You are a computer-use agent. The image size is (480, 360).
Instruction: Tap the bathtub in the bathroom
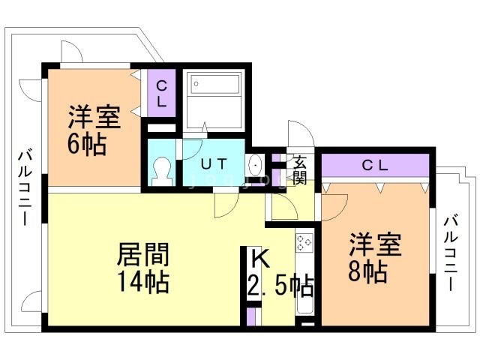click(x=215, y=84)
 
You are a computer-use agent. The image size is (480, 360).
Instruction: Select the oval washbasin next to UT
click(x=254, y=165)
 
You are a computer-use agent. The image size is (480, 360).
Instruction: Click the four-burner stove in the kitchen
click(x=304, y=243)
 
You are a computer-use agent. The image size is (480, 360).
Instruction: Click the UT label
click(x=214, y=164)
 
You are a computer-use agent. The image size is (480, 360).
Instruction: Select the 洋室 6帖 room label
click(x=94, y=130)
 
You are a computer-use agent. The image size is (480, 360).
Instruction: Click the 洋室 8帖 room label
click(x=375, y=257)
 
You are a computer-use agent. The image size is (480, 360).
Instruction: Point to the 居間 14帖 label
click(x=143, y=268)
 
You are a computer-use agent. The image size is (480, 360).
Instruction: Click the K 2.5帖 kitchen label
click(x=280, y=273)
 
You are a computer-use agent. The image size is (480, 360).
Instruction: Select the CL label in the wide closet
click(x=375, y=166)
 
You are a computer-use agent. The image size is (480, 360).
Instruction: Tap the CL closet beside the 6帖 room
click(x=161, y=93)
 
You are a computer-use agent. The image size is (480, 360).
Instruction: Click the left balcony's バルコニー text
click(x=25, y=188)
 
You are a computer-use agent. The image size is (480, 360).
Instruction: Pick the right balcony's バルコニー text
click(x=451, y=253)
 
